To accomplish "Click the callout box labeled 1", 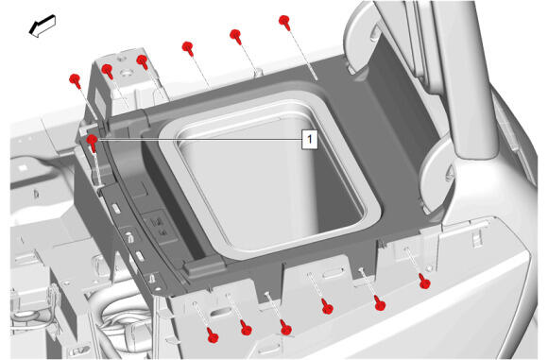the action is tap(310, 140).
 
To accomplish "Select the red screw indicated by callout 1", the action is tap(93, 143).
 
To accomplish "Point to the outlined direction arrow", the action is tap(43, 26).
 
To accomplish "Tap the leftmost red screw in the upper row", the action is tap(76, 81).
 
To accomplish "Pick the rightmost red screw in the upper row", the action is tap(284, 23).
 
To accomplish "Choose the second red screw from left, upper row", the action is tap(108, 71).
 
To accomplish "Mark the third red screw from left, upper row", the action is tap(143, 62).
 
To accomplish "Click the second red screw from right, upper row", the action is tap(236, 36).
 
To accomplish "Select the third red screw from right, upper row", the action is tap(188, 48).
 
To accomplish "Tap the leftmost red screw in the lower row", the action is tap(213, 334).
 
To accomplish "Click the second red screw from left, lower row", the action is tap(246, 328).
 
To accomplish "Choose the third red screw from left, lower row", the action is tap(286, 328).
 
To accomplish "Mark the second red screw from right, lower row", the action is tap(380, 303).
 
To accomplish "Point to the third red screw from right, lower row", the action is tap(327, 306).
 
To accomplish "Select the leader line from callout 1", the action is tap(199, 139).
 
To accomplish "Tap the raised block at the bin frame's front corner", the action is tap(203, 267).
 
